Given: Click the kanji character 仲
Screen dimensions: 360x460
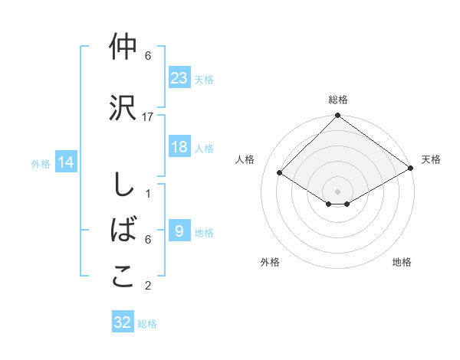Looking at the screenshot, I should tap(123, 47).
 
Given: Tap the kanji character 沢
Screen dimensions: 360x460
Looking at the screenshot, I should tap(123, 108).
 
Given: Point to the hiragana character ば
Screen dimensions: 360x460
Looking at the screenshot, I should tap(123, 231).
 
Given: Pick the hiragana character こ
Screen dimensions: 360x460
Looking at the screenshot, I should tap(123, 277).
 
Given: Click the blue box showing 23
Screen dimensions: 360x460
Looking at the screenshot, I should tap(179, 77).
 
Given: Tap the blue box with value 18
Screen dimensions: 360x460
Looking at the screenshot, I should tap(179, 147).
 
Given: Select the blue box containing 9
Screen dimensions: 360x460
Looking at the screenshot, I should tap(179, 231).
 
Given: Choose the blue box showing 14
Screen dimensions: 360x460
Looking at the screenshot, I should tap(66, 162).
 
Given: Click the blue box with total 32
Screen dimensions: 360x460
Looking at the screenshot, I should tap(123, 322).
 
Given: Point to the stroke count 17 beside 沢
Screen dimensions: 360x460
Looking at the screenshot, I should tap(148, 116).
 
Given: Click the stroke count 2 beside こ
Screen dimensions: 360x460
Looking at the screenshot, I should tap(148, 286).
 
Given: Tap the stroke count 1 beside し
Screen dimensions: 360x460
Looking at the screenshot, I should tap(148, 193).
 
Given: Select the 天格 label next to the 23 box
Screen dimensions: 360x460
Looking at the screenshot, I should tap(204, 79).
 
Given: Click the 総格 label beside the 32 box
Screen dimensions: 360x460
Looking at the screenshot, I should tap(147, 324).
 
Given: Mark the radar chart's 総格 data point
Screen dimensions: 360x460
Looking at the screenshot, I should tap(337, 116).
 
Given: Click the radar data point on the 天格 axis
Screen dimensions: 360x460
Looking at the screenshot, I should tap(411, 170).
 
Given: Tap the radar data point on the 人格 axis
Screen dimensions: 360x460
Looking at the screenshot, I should tap(281, 173).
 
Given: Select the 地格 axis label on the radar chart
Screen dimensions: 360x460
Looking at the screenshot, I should tap(402, 262).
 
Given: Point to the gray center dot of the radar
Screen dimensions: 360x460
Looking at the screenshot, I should tap(337, 191).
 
